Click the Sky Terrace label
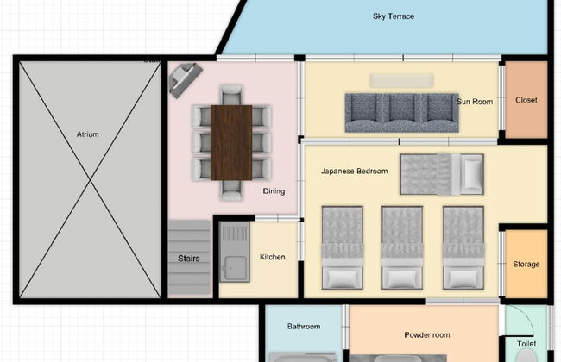pyautogui.click(x=394, y=16)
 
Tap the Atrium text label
pyautogui.click(x=88, y=134)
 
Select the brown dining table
pyautogui.click(x=231, y=142)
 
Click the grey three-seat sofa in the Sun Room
pyautogui.click(x=401, y=113)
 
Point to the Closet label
pyautogui.click(x=526, y=100)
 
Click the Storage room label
pyautogui.click(x=526, y=264)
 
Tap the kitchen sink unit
pyautogui.click(x=235, y=252)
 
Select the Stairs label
pyautogui.click(x=188, y=259)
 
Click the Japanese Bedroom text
pyautogui.click(x=354, y=172)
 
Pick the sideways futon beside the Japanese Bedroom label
pyautogui.click(x=442, y=174)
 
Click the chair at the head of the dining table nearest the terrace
pyautogui.click(x=231, y=94)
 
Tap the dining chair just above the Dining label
pyautogui.click(x=262, y=168)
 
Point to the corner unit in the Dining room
pyautogui.click(x=186, y=80)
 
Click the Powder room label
pyautogui.click(x=427, y=335)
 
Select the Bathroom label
pyautogui.click(x=304, y=327)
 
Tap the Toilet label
pyautogui.click(x=526, y=344)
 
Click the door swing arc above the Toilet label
pyautogui.click(x=527, y=315)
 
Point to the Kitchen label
pyautogui.click(x=272, y=257)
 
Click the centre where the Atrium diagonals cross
pyautogui.click(x=90, y=180)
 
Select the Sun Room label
pyautogui.click(x=475, y=102)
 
